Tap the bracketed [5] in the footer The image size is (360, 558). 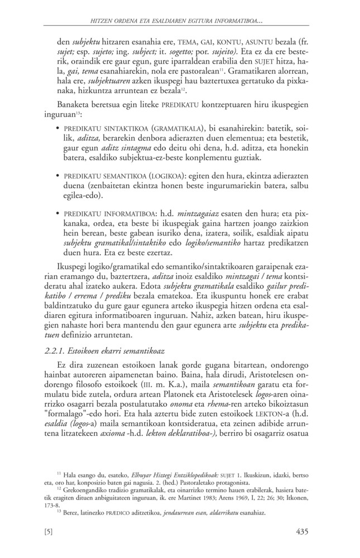[48, 532]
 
